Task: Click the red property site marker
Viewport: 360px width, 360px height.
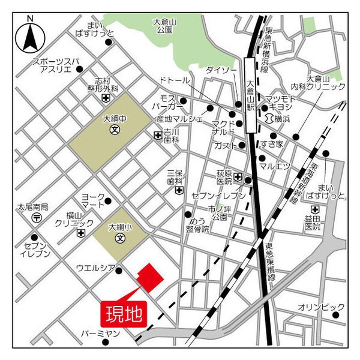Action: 149,277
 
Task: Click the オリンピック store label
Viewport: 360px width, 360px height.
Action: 322,307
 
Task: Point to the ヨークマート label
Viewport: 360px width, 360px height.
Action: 92,200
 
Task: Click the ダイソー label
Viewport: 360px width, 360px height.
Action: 221,70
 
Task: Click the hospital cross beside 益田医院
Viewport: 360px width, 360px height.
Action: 315,209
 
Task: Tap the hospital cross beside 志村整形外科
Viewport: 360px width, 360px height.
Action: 106,98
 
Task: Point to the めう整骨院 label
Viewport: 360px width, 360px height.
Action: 197,225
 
